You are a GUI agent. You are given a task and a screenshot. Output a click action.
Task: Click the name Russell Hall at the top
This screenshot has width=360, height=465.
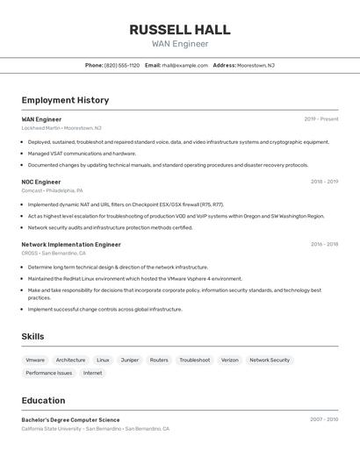[x=180, y=29]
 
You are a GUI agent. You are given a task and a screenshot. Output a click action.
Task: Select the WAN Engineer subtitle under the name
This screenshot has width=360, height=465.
[x=180, y=44]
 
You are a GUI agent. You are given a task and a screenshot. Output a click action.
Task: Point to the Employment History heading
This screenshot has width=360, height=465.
[x=65, y=100]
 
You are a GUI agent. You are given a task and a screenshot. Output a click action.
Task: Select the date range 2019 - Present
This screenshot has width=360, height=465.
[x=321, y=118]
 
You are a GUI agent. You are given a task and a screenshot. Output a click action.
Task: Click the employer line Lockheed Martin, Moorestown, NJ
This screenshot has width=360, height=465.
[x=61, y=127]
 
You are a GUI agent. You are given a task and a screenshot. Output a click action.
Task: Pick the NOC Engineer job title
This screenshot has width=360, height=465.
[x=41, y=182]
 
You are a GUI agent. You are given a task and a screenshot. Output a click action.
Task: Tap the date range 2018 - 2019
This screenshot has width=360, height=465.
[x=324, y=182]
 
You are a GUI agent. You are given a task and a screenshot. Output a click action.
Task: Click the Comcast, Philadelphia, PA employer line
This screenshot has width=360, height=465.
[x=52, y=190]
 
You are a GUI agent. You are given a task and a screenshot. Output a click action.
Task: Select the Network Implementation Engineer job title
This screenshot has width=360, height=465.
[x=71, y=245]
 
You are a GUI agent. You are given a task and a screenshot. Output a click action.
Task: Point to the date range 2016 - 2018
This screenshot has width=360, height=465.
[x=324, y=245]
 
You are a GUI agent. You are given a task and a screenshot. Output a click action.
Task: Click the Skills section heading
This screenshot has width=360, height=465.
[x=32, y=336]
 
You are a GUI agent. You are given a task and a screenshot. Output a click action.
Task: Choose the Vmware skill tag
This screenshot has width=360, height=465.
[x=35, y=360]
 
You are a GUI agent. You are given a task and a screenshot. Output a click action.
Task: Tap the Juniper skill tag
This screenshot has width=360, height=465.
[x=130, y=360]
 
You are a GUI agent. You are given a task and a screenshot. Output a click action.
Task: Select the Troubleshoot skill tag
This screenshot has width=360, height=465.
[x=195, y=360]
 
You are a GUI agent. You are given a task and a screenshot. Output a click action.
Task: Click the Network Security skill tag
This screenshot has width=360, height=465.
[x=270, y=360]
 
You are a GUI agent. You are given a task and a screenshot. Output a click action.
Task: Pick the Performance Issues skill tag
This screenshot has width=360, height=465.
[x=49, y=373]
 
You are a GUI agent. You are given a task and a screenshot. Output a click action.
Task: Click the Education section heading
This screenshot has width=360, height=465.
[x=43, y=400]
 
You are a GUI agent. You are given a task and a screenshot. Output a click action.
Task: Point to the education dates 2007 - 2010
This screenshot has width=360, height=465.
[x=324, y=419]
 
